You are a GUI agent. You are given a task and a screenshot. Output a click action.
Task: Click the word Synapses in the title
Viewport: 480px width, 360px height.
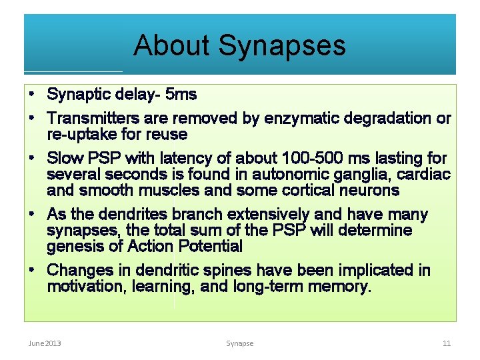(282, 45)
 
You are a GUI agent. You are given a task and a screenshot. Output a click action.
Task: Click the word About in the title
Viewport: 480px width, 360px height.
(171, 45)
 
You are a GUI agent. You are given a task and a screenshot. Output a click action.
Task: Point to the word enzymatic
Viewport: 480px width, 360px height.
(298, 119)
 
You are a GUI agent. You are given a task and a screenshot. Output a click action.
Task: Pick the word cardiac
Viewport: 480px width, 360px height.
(427, 175)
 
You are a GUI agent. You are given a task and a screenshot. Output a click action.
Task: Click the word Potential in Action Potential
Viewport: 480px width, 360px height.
(210, 247)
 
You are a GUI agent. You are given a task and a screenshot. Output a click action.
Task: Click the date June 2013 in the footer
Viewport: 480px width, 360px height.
(45, 343)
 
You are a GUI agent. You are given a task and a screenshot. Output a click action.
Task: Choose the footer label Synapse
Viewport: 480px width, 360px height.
(239, 343)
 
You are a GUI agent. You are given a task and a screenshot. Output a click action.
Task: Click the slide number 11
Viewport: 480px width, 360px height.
(447, 343)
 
